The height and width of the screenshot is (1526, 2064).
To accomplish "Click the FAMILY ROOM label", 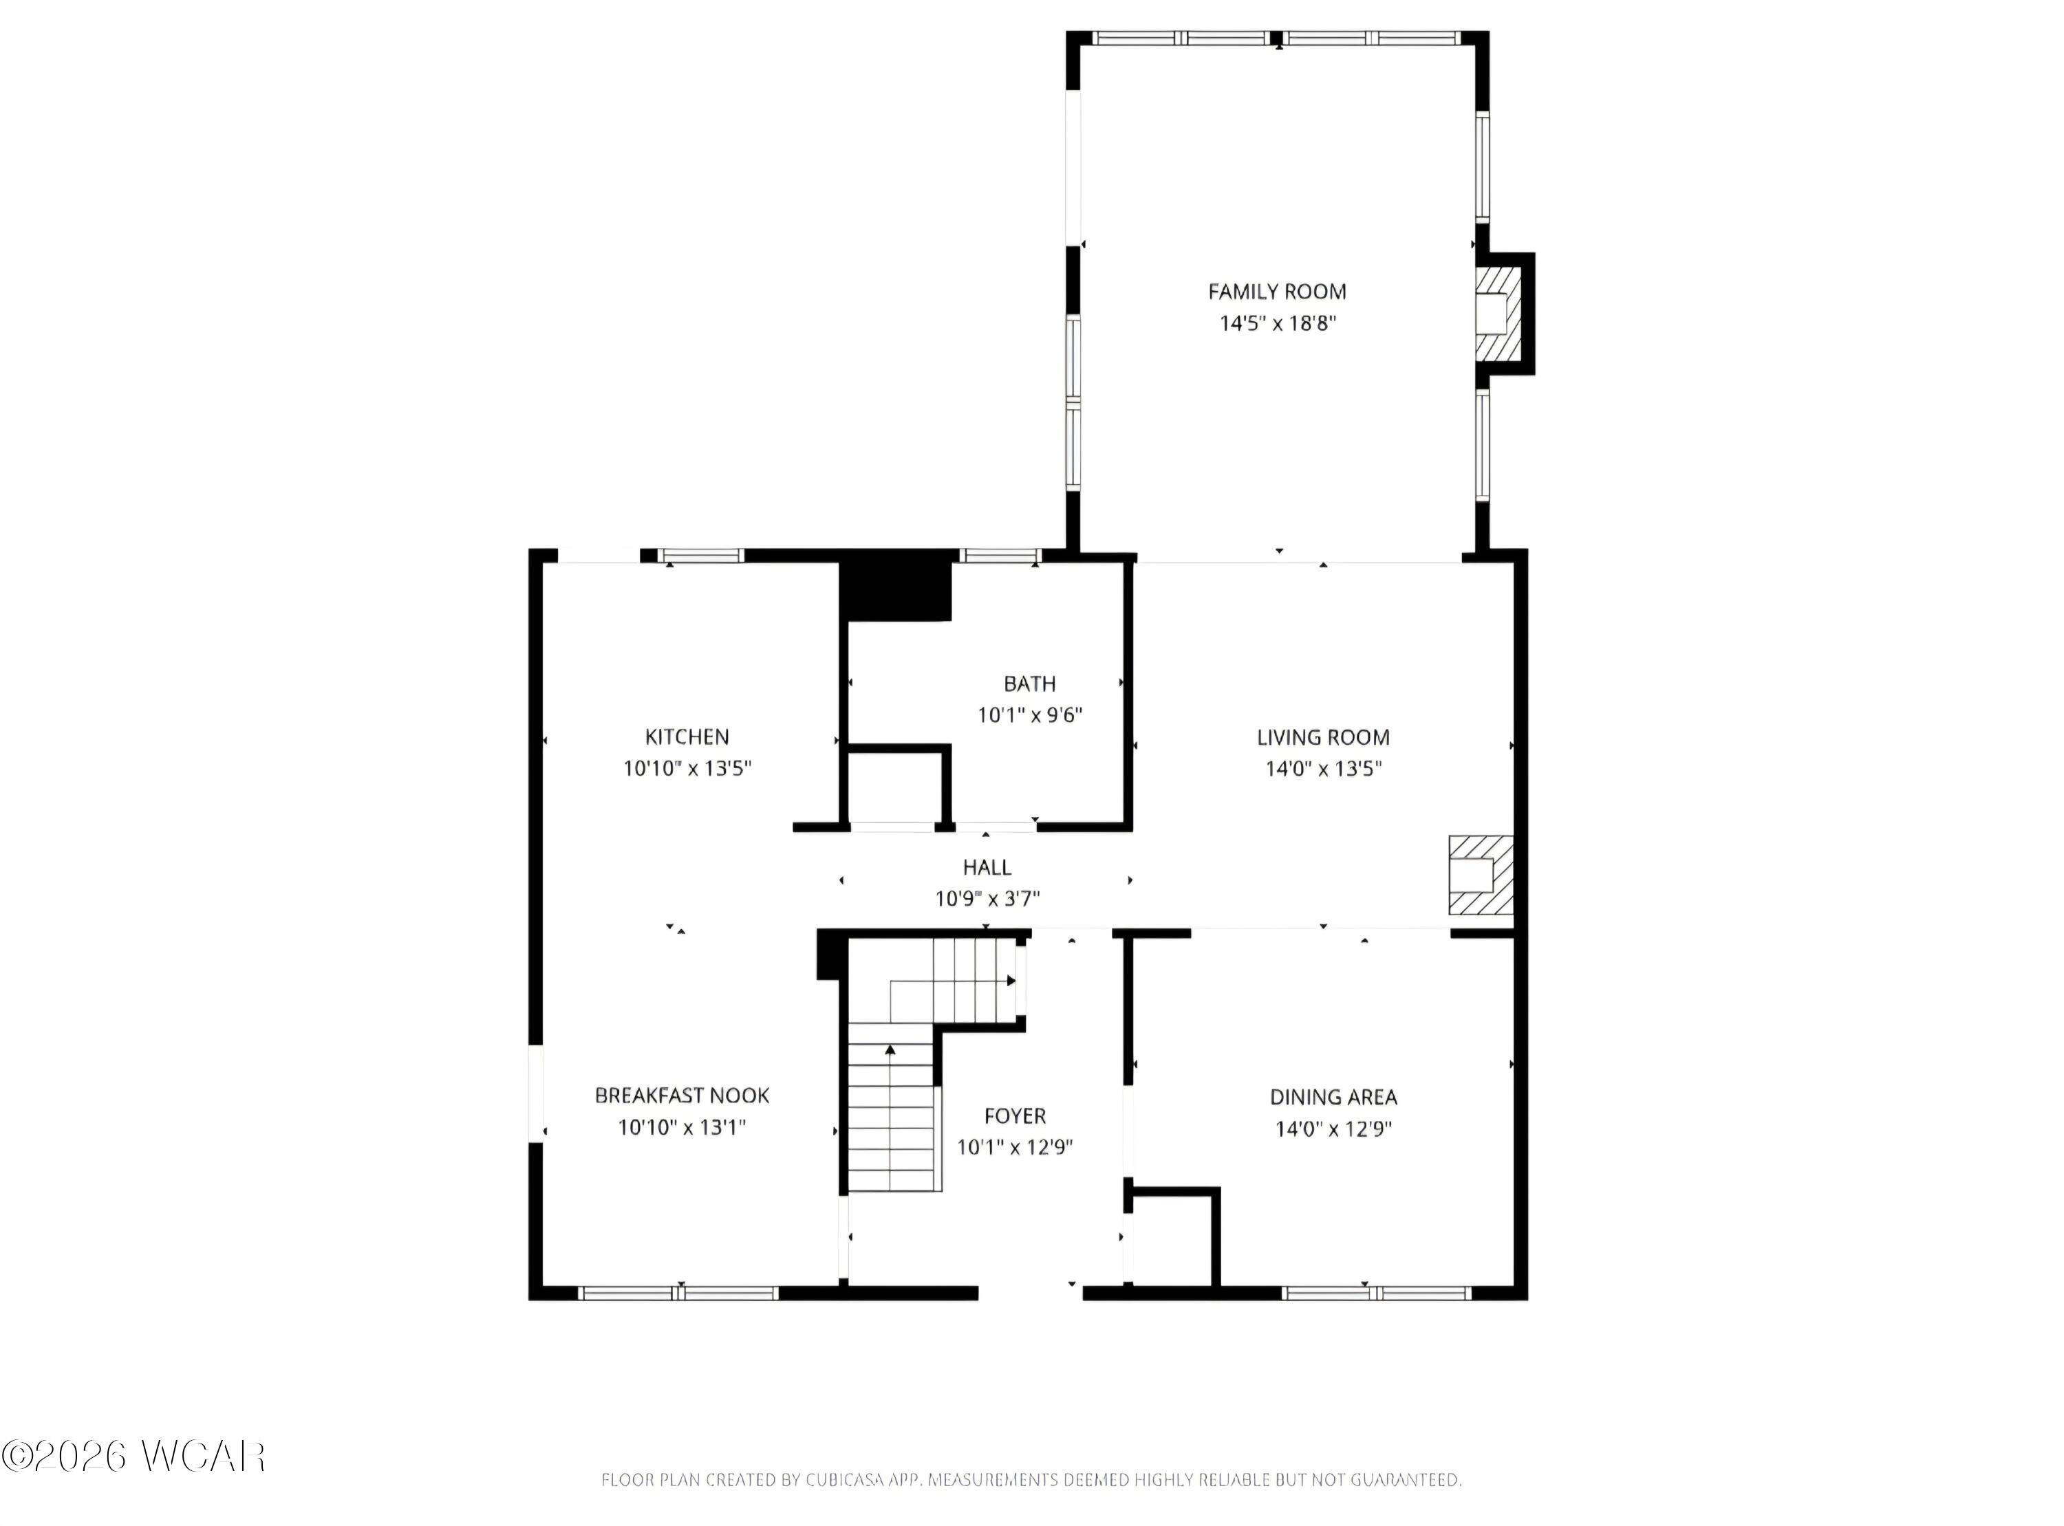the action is (1277, 292).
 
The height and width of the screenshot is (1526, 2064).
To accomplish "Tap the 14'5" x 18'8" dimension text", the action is (1278, 323).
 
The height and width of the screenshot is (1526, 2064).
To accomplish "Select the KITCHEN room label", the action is (687, 737).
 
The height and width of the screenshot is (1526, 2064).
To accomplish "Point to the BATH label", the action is (1029, 684).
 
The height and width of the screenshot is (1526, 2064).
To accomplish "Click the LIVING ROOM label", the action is (1323, 737).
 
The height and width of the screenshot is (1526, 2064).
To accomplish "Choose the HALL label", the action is (987, 867).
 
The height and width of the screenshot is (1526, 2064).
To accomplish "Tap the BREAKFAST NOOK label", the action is (682, 1096).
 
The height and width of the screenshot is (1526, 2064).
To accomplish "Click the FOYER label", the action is (1014, 1116).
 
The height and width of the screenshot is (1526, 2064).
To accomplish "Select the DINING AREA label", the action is (1333, 1098).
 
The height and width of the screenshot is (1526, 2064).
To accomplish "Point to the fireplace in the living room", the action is (1480, 875).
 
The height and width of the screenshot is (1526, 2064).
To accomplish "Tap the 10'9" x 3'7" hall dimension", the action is (987, 899).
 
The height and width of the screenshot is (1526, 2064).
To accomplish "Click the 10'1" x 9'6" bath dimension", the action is (1029, 715).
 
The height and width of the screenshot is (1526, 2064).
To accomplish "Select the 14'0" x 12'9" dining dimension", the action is (1333, 1129).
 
